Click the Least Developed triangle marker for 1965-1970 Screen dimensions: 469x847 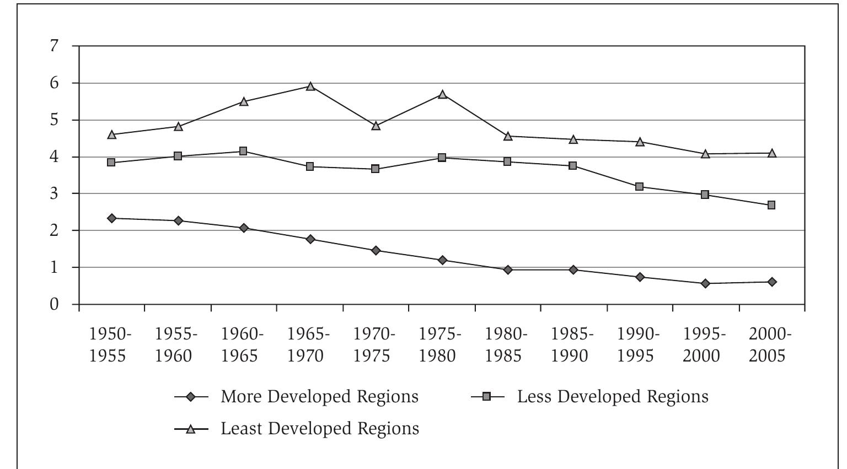310,87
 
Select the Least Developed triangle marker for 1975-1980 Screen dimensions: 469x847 442,94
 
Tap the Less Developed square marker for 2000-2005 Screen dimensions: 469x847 771,205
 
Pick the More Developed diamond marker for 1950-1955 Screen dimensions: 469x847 112,218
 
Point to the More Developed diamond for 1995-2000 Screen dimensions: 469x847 705,283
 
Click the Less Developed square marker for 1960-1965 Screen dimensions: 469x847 243,151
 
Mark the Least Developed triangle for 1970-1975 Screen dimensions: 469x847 376,126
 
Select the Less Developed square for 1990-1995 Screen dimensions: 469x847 639,187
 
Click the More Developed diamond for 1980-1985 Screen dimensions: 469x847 508,269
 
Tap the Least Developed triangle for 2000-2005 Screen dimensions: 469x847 772,153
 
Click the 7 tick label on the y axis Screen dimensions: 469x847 53,46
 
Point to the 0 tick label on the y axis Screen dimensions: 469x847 53,304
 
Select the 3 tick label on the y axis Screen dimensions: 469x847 53,193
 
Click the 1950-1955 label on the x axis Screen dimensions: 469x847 111,345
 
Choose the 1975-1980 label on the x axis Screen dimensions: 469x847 440,345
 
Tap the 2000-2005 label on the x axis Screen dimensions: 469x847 770,345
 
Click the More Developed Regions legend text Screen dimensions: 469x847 319,397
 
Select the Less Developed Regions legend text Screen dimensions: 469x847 612,397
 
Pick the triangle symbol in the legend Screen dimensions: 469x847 191,429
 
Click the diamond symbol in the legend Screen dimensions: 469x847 191,397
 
